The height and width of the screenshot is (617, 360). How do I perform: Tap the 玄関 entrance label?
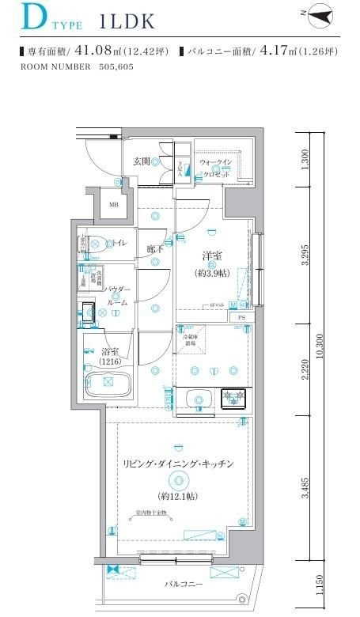[x=142, y=161]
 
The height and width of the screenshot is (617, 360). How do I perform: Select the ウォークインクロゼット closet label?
[x=216, y=168]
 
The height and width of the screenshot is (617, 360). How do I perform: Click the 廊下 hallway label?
[x=155, y=249]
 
